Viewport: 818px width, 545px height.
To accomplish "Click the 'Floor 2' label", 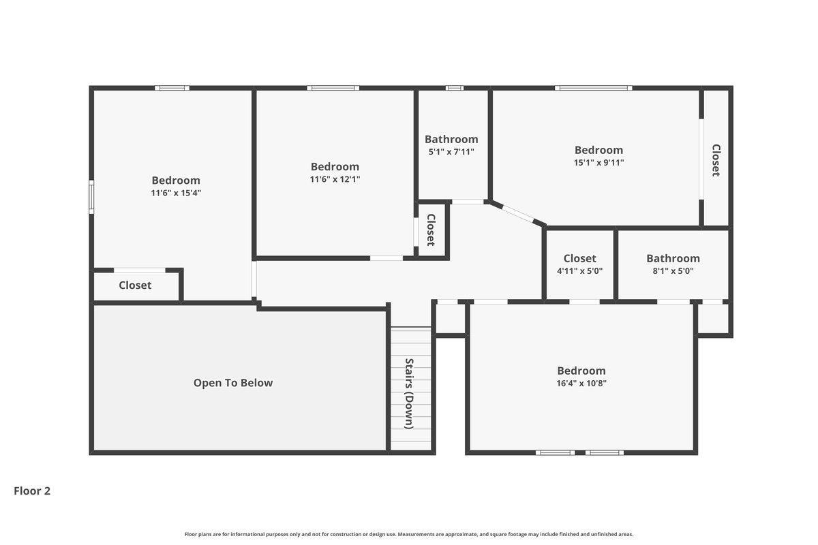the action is click(32, 491).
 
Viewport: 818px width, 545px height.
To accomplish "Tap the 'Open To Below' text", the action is click(233, 383).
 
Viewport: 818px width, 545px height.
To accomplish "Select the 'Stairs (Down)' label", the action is click(410, 394).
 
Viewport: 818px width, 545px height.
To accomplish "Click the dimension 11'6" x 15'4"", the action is click(176, 193).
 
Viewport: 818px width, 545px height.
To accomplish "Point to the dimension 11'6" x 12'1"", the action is click(335, 179).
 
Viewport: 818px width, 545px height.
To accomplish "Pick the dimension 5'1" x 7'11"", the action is click(451, 152).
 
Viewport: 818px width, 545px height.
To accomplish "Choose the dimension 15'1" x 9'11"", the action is click(599, 162).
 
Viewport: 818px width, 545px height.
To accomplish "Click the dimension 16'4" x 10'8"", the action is click(581, 384).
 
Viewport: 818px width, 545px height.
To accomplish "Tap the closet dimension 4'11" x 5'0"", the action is click(579, 271).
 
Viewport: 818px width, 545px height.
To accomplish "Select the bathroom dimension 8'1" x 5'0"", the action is click(673, 271).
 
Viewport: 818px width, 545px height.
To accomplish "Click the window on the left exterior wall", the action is click(91, 197).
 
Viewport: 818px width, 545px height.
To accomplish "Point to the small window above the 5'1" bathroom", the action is click(455, 88).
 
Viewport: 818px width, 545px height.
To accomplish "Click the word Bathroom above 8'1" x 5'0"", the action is click(673, 258).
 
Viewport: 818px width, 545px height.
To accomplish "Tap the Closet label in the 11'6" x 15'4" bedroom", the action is click(135, 285).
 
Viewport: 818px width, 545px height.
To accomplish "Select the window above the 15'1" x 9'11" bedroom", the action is click(594, 88).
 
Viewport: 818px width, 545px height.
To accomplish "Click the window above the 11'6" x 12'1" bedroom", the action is click(333, 88).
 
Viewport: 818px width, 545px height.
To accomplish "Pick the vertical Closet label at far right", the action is click(716, 160).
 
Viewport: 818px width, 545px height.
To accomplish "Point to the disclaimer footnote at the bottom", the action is click(409, 534).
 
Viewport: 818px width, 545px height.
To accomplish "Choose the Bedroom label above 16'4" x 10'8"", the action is click(581, 371).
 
